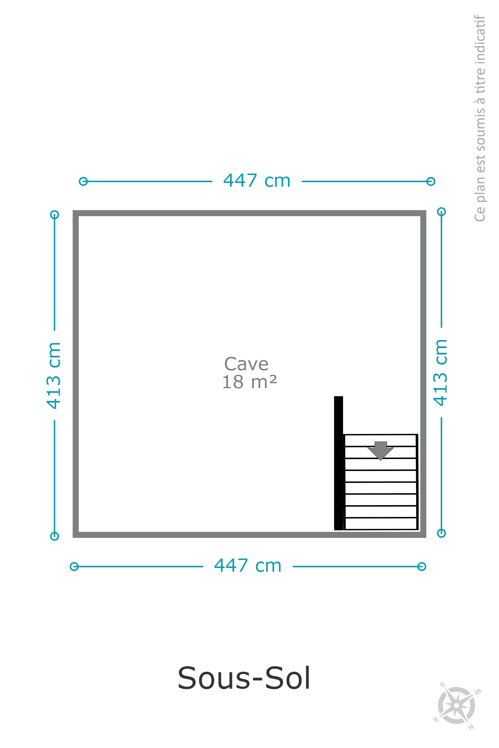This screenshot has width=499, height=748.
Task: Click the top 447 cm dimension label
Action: (x=257, y=180)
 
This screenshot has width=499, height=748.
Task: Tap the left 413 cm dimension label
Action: (x=53, y=375)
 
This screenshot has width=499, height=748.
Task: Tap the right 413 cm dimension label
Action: (x=440, y=373)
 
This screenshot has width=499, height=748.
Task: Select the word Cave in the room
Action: (x=246, y=364)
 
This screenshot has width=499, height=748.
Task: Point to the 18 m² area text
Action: (x=249, y=382)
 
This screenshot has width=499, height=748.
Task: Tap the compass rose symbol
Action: (x=457, y=705)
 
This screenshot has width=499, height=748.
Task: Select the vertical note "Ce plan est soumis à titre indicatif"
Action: (x=480, y=118)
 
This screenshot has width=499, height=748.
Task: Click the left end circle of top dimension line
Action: (x=83, y=181)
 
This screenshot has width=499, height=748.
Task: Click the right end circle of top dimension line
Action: (x=431, y=181)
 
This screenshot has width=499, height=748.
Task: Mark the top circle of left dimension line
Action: (x=54, y=215)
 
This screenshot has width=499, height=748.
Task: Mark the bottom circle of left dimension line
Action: (x=54, y=536)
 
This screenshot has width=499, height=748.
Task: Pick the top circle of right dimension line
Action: (x=441, y=212)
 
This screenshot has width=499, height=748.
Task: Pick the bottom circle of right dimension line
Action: (x=441, y=533)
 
